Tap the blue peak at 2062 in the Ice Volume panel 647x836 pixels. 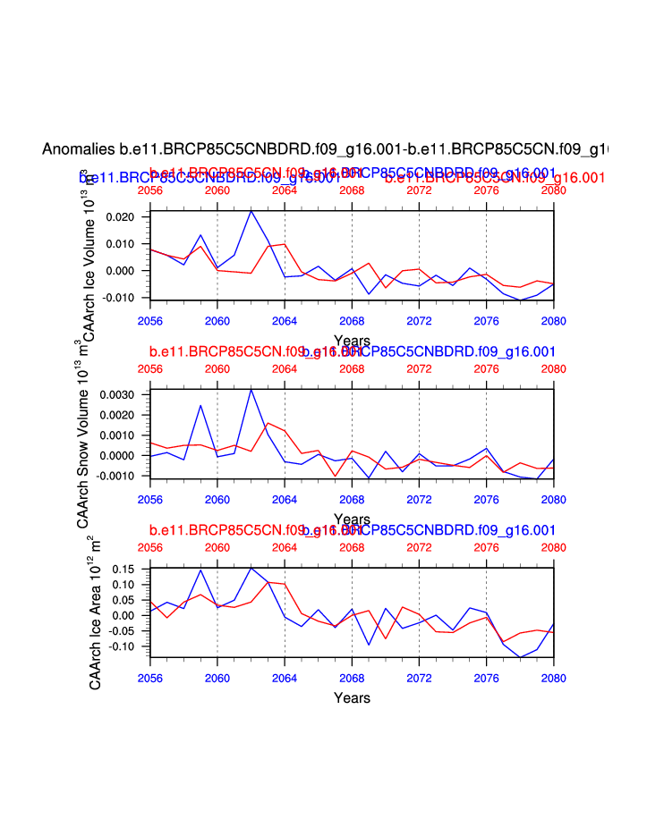[251, 210]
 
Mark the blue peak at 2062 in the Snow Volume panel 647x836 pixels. [251, 389]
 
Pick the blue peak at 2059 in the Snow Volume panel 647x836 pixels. [200, 405]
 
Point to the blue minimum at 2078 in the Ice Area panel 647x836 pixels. [520, 658]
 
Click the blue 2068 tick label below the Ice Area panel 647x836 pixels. [352, 678]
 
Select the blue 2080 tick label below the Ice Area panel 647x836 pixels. [554, 678]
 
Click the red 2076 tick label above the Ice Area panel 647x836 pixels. [486, 547]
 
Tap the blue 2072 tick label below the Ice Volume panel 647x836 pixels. [419, 319]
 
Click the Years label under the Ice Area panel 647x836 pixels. [352, 697]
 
